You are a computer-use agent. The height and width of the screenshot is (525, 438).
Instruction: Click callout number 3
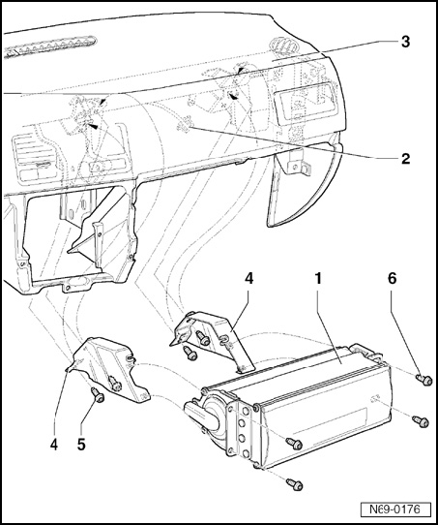coord(405,43)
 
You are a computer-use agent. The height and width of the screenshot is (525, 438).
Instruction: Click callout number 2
coord(405,159)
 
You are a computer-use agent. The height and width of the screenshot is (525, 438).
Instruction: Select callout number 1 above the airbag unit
coord(318,278)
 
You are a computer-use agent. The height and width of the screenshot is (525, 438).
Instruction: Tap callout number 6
coord(392,278)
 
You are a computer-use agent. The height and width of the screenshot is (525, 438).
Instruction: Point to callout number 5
coord(81,445)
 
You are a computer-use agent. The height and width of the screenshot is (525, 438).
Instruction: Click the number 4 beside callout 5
coord(54,445)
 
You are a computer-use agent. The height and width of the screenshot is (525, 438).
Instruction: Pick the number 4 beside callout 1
coord(248,278)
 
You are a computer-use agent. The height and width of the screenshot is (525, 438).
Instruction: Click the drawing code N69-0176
coord(395,510)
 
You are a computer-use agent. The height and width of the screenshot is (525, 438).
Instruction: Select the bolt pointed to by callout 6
coord(424,380)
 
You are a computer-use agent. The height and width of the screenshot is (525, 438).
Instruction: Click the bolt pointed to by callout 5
coord(98,395)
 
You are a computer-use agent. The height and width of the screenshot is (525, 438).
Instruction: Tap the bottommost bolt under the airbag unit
coord(295,484)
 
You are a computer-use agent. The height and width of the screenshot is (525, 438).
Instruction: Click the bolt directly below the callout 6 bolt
coord(421,421)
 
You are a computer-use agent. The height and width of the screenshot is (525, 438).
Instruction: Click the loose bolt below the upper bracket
coord(190,354)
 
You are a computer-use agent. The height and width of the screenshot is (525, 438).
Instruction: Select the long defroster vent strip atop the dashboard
coord(50,46)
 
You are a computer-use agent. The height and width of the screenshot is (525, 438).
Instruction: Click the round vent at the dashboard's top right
coord(282,45)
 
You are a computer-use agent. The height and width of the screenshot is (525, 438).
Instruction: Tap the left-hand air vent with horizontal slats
coord(34,157)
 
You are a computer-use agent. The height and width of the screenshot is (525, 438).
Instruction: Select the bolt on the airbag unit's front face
coord(294,444)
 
